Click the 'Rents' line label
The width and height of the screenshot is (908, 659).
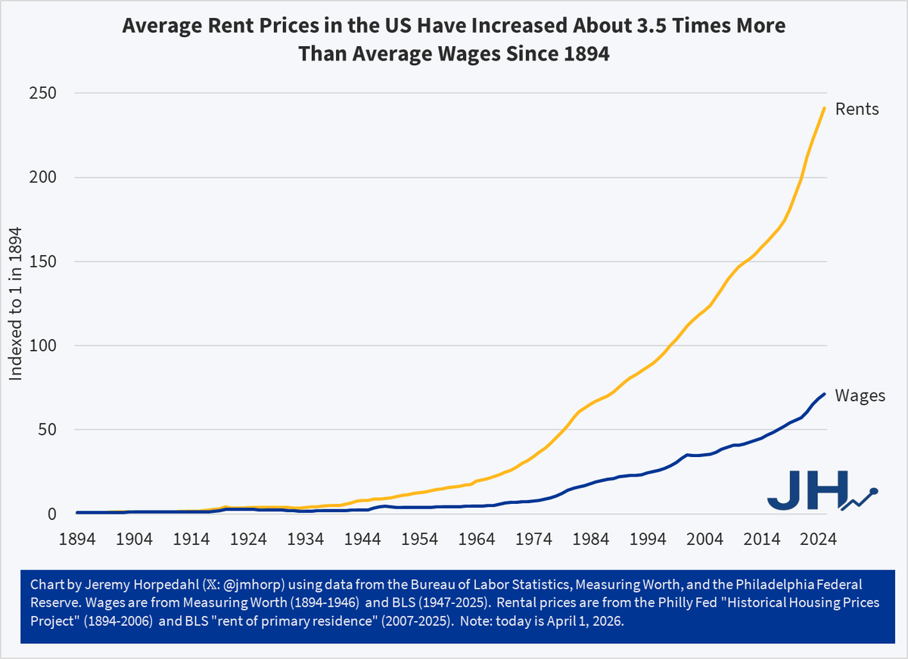click(x=857, y=109)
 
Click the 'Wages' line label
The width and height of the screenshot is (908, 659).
click(x=860, y=396)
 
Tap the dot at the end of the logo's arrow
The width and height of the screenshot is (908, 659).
click(x=875, y=491)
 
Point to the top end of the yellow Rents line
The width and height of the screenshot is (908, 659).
click(x=823, y=108)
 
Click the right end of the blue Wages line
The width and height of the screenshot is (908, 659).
click(x=823, y=394)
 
